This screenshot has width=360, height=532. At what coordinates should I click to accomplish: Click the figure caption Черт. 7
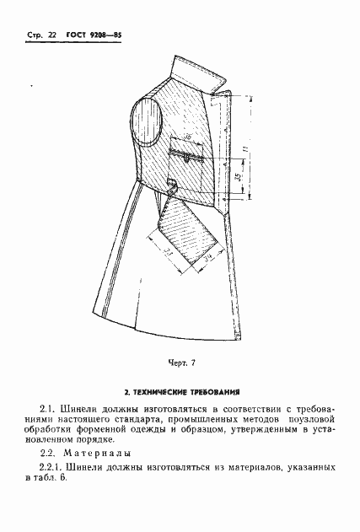point(180,363)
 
